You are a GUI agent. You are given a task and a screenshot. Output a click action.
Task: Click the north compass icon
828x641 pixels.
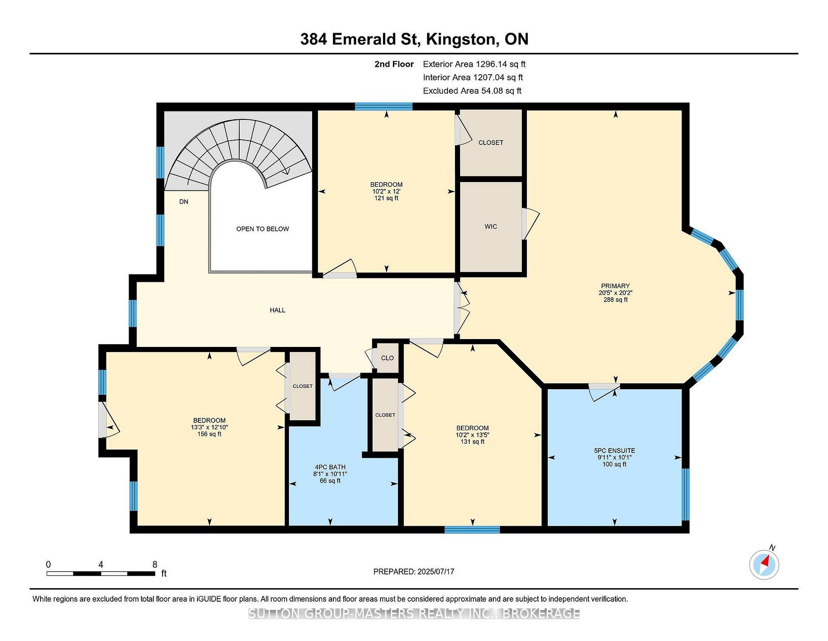[764, 565]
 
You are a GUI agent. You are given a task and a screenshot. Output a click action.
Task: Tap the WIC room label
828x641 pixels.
[491, 226]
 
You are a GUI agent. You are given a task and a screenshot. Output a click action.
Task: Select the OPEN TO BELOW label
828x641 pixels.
[262, 229]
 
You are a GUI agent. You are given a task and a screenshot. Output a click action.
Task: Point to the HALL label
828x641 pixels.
[278, 310]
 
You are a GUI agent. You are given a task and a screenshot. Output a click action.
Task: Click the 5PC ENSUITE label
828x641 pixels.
[614, 451]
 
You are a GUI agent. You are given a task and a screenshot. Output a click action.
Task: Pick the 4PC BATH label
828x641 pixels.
[330, 467]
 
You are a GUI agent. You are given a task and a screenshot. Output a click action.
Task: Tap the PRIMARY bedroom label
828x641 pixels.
[615, 286]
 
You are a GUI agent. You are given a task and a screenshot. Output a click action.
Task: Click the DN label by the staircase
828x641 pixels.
[184, 202]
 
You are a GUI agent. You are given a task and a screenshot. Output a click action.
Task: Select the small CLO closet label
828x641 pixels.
[387, 358]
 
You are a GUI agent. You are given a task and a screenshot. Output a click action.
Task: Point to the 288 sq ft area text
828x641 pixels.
[615, 300]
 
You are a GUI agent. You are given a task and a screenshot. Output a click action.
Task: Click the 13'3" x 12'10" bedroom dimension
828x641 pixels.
[209, 428]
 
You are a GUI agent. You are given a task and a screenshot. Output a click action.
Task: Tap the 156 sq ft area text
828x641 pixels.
[209, 434]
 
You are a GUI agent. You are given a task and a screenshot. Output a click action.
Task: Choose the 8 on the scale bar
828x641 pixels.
[155, 564]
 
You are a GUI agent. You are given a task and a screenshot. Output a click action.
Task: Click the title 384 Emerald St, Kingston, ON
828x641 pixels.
[414, 39]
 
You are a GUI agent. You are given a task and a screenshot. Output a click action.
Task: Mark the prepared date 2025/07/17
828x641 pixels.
[435, 572]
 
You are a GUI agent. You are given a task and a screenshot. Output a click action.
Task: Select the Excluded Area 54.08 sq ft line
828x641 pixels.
[472, 91]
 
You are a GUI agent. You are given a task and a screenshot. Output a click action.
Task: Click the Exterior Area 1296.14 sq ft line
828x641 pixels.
[474, 64]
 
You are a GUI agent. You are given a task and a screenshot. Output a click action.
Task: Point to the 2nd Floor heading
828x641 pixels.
[394, 64]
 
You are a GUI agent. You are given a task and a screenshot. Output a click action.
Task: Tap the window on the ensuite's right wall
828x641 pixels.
[685, 494]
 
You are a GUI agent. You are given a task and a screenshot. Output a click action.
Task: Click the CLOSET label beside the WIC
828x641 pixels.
[491, 143]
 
